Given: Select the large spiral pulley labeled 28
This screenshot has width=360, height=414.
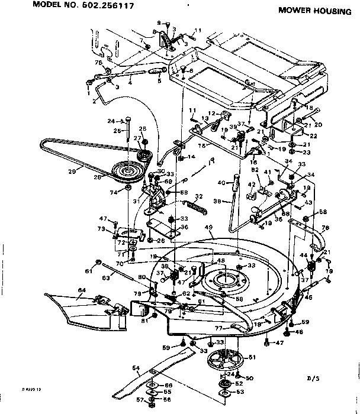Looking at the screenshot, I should point(127,172).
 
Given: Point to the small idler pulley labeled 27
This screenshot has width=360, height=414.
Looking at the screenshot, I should point(144,156).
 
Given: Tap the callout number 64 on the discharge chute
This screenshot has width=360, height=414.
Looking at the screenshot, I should point(81,289).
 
